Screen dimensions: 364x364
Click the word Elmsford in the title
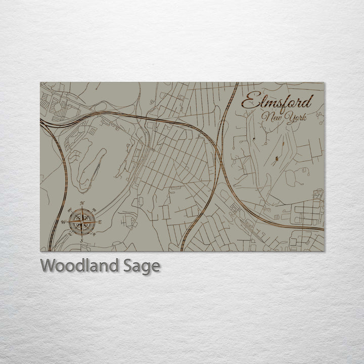tap(277, 102)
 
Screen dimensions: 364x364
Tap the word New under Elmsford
tap(272, 118)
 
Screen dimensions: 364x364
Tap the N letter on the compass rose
tap(82, 203)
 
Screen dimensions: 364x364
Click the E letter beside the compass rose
tap(100, 222)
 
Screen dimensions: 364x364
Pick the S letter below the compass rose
tap(81, 241)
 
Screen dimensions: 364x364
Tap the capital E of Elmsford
tap(248, 102)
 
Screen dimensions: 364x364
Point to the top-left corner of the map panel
tap(40, 82)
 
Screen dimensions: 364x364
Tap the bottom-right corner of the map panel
tap(324, 251)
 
